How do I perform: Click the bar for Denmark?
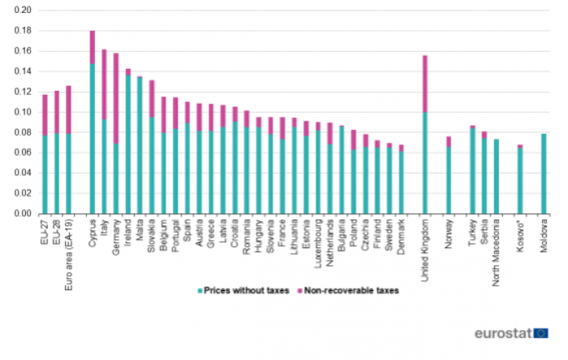click(401, 180)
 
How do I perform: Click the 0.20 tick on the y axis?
click(22, 11)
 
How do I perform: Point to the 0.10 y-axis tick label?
click(22, 112)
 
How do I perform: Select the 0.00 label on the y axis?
click(22, 214)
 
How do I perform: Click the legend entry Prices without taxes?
click(235, 290)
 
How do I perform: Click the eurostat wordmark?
click(504, 333)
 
